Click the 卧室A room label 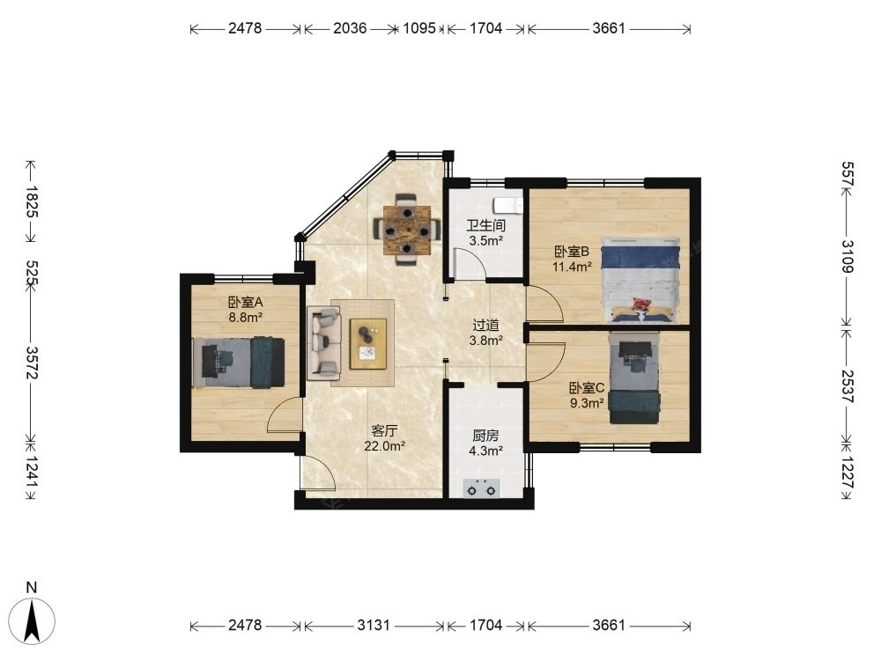click(246, 302)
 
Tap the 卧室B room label click(572, 251)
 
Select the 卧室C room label click(587, 388)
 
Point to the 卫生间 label click(486, 225)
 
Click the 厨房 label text click(486, 436)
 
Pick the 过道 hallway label click(486, 325)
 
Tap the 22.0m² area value click(385, 446)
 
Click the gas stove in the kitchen click(482, 488)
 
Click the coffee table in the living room click(368, 343)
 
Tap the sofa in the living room click(324, 341)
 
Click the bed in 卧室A click(238, 362)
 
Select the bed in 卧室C click(635, 378)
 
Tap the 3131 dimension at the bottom click(374, 625)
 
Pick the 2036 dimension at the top click(350, 28)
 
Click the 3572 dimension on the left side click(32, 363)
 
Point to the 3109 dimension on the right click(848, 256)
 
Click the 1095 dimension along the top click(419, 28)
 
